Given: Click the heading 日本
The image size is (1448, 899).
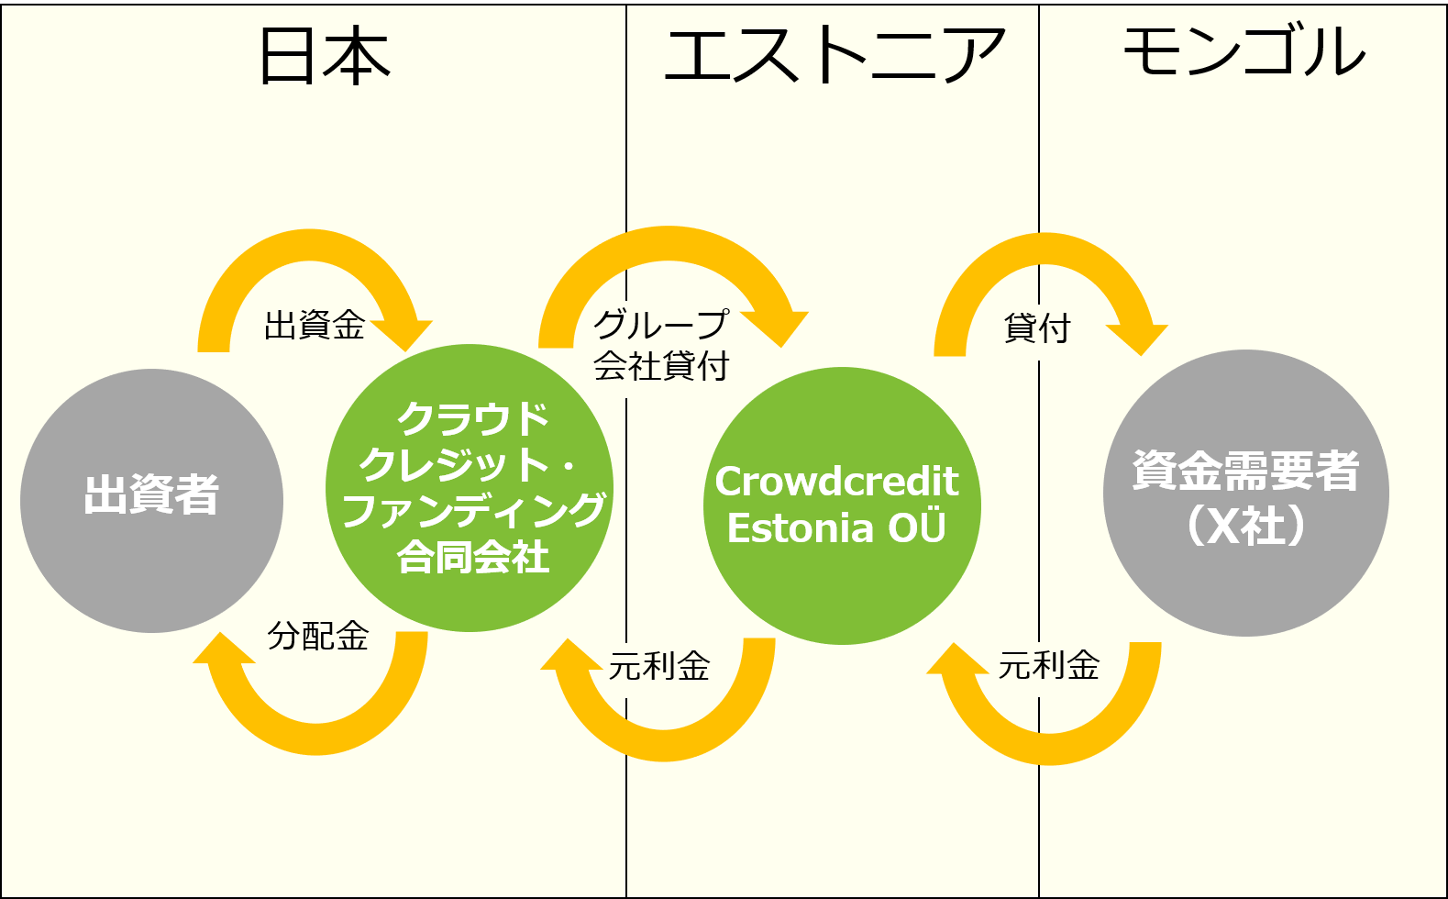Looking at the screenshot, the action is point(325,56).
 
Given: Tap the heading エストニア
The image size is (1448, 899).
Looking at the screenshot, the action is point(834,56).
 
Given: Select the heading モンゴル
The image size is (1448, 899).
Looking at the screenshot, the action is point(1244,51).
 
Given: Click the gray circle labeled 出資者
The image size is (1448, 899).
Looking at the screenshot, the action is point(152,501).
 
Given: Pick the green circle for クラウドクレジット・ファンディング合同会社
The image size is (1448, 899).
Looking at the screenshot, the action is point(470,488).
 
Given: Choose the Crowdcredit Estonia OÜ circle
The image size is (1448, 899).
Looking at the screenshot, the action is point(842,505).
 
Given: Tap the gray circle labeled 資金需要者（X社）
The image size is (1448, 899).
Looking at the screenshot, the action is point(1245,493).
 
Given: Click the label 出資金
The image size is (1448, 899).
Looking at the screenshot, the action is point(315,325).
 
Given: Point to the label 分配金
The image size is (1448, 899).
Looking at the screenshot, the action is point(318,636).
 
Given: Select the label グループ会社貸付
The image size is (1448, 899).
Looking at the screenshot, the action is point(662,345).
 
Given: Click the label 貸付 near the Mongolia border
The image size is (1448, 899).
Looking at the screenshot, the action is point(1037,327).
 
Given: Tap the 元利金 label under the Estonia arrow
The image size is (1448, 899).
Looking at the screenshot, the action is point(659,665).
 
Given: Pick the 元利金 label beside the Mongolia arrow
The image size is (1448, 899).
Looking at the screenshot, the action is point(1049,665).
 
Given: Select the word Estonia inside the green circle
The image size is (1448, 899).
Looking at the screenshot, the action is point(801,528).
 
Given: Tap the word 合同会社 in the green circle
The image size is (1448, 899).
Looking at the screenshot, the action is point(473,557).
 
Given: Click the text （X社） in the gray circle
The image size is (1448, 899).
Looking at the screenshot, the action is point(1245,526).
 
